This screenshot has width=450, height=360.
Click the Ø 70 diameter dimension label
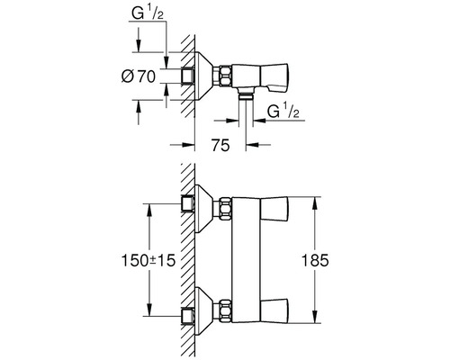coord(139,76)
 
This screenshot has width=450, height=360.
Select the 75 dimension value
coord(220,145)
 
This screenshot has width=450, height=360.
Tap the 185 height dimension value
coord(315,260)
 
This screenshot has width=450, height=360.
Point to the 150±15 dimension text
coord(148,260)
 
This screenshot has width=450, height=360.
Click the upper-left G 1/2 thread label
coord(148,13)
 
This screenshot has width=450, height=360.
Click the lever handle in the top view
coord(274,77)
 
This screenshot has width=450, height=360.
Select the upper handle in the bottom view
coord(274,209)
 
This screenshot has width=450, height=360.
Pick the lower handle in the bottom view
coord(274,310)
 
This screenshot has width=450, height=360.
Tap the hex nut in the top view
coord(225,76)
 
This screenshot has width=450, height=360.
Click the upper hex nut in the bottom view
coord(225,209)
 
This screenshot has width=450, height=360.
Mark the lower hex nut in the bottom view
coord(225,310)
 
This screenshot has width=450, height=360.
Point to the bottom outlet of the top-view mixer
coord(246,94)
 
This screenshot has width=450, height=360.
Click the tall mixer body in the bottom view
coord(247,260)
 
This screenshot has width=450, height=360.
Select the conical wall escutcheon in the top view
coord(204,76)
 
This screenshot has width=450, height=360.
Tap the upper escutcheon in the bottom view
coord(204,209)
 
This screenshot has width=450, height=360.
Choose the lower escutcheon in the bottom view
coord(204,310)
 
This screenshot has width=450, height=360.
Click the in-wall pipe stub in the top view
coord(187,76)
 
